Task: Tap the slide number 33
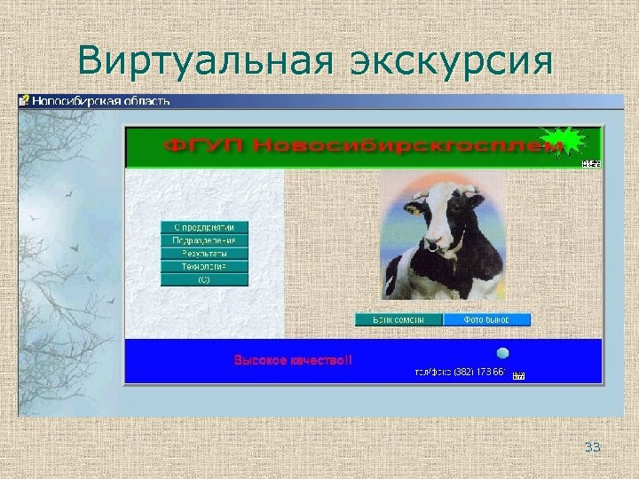tap(592, 447)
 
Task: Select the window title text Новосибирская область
tap(100, 101)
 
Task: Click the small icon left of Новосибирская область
tap(25, 101)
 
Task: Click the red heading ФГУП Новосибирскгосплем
tap(351, 146)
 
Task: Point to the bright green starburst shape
tap(564, 143)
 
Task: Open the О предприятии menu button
tap(204, 227)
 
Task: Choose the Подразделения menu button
tap(204, 240)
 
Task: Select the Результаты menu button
tap(204, 254)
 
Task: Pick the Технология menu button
tap(204, 266)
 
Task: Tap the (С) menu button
tap(204, 279)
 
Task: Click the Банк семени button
tap(398, 319)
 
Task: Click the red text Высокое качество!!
tap(293, 360)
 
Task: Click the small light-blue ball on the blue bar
tap(502, 353)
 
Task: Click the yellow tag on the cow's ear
tap(411, 211)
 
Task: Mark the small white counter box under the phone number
tap(519, 376)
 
